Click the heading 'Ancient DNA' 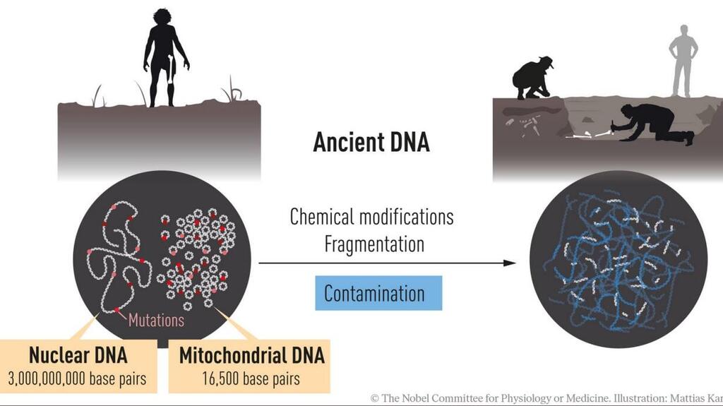point(371,142)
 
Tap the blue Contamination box point(378,293)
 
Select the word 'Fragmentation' point(374,244)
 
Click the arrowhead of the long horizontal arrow point(510,263)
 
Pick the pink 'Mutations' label point(156,320)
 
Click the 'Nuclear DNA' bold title point(78,355)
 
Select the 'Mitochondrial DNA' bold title point(252,355)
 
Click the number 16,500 point(220,378)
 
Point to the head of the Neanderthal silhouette point(163,19)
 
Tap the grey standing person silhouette point(683,61)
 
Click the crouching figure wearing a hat point(533,78)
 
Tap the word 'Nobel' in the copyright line point(415,398)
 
